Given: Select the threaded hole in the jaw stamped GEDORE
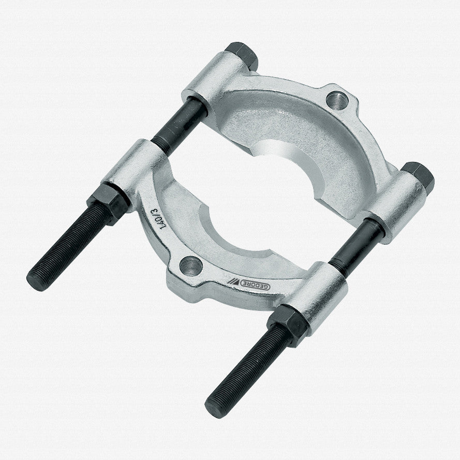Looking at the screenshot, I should point(190,266).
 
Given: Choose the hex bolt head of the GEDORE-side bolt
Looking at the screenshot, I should point(418,176).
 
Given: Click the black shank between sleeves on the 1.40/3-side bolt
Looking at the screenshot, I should point(179,124).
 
